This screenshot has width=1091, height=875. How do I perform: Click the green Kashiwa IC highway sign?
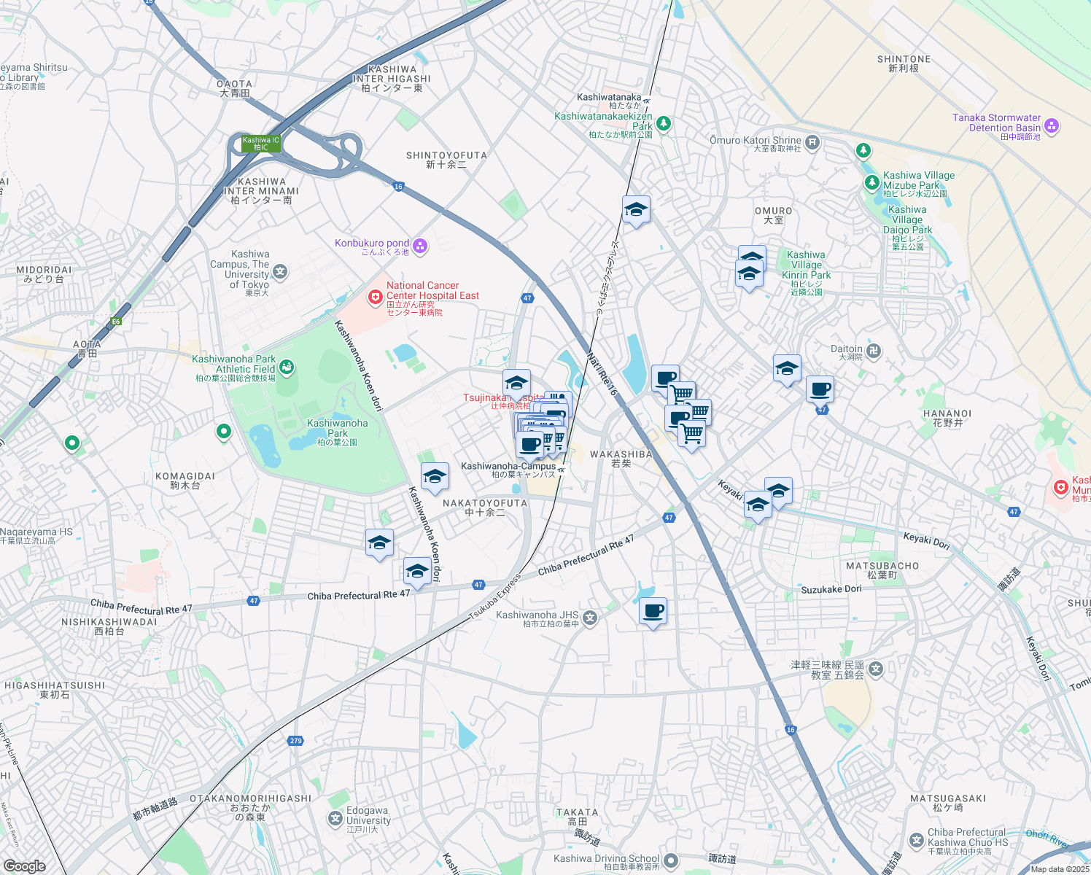261,144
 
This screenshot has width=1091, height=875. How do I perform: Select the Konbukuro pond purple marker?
419,246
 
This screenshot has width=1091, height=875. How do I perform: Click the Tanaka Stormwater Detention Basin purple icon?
1052,126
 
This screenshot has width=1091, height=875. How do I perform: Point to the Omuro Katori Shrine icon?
812,141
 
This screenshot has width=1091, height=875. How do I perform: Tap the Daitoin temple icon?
874,351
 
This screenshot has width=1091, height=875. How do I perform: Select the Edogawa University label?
368,816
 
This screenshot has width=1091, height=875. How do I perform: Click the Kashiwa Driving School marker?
671,860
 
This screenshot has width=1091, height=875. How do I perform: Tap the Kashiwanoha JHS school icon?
590,618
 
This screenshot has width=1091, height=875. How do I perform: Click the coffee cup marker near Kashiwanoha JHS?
653,610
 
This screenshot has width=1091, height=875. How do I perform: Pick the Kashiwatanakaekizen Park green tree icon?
663,123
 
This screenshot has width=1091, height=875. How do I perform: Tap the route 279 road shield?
295,741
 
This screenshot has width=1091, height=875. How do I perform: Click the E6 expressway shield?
116,321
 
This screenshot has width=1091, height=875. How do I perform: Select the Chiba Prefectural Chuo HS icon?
917,841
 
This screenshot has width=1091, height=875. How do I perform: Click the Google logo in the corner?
24,866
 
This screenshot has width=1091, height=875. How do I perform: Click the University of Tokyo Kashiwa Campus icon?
280,272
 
